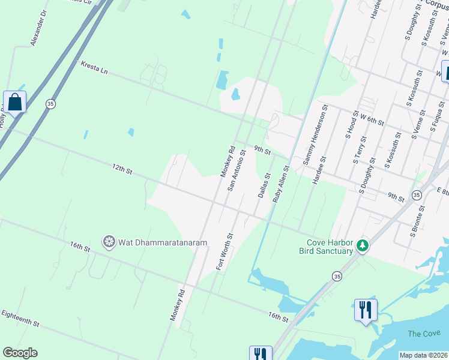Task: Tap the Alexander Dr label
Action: (x=38, y=28)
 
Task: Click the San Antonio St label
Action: (x=236, y=170)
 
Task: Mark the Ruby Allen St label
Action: (x=281, y=184)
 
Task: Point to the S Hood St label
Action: (x=351, y=124)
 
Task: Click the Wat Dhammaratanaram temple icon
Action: (x=109, y=242)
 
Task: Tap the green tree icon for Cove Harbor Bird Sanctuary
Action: (x=362, y=245)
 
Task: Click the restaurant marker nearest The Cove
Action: (x=366, y=311)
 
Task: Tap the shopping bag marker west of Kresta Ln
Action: (x=14, y=102)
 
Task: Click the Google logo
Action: (x=20, y=353)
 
